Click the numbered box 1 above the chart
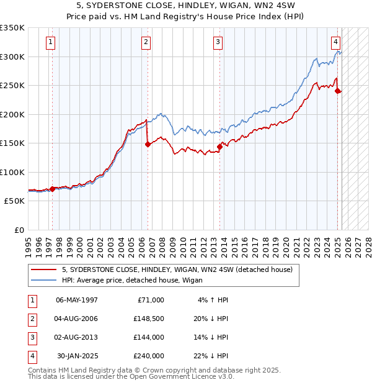tap(50, 42)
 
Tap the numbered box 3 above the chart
tap(218, 42)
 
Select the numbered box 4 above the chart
tap(335, 42)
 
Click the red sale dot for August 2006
tap(148, 144)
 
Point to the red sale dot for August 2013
tap(219, 147)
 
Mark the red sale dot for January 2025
tap(338, 91)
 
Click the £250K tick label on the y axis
tap(12, 86)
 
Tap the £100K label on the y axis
tap(12, 173)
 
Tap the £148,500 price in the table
tap(148, 319)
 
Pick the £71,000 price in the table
tap(150, 300)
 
